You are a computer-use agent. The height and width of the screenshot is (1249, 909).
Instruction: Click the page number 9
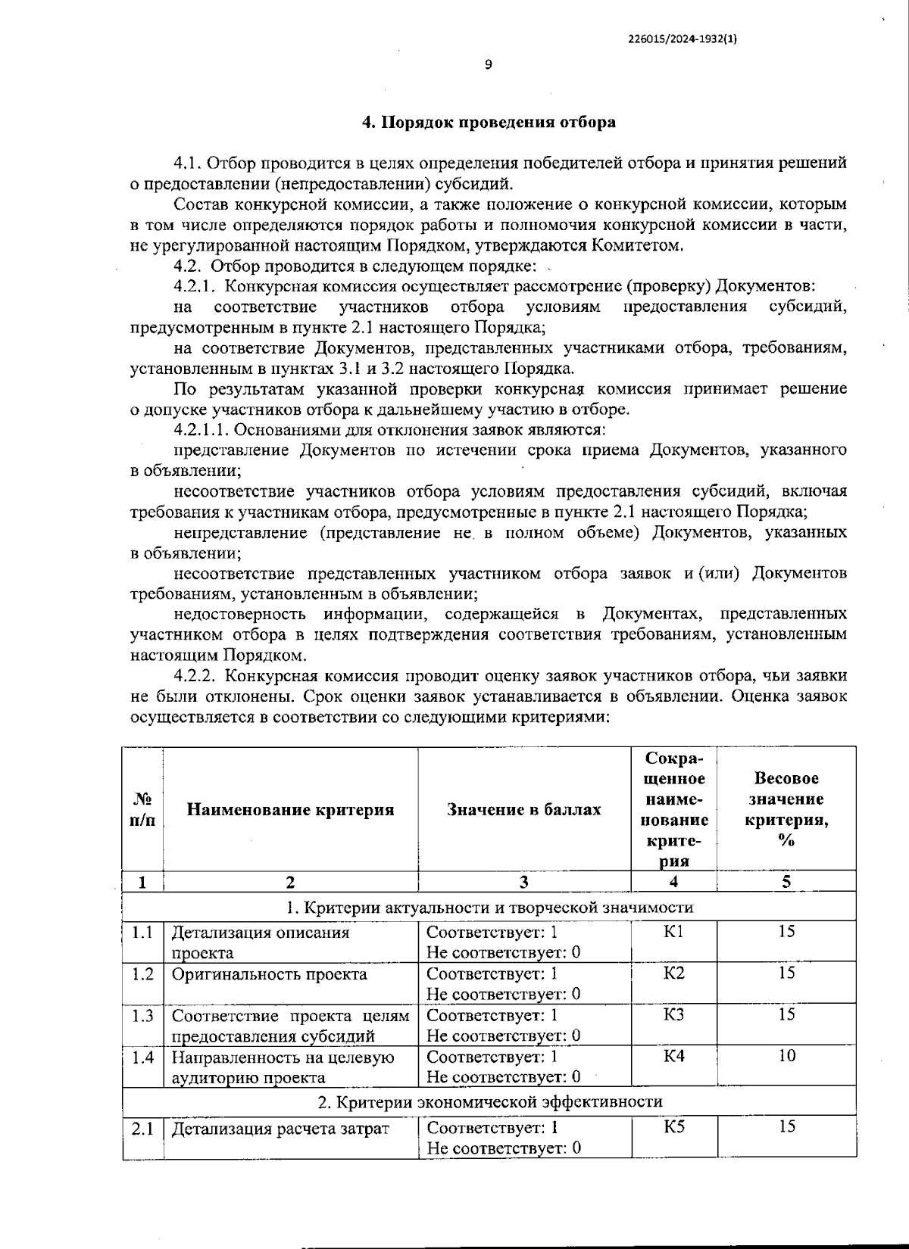(488, 64)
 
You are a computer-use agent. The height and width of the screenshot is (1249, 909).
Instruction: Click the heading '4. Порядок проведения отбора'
(488, 122)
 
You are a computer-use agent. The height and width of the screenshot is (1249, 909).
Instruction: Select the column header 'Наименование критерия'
(290, 809)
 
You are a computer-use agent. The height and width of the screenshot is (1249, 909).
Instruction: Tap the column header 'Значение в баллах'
(524, 809)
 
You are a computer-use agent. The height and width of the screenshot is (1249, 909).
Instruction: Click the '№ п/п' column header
(142, 809)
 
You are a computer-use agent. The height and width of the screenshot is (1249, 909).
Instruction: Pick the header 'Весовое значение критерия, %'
(786, 809)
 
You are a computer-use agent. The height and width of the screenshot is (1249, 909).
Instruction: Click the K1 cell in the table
(673, 932)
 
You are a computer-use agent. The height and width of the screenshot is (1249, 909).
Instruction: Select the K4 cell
(673, 1056)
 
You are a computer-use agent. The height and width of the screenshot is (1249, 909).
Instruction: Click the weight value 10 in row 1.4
(786, 1056)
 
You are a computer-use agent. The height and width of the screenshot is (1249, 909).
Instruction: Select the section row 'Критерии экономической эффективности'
(489, 1101)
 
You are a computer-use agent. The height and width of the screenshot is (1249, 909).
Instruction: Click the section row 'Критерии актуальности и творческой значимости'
(489, 907)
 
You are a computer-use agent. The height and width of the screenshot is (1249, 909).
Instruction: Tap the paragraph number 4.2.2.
(195, 675)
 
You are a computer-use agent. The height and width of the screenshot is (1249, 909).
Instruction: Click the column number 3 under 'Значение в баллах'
(524, 881)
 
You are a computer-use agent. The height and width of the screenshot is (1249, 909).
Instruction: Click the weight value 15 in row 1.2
(786, 973)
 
